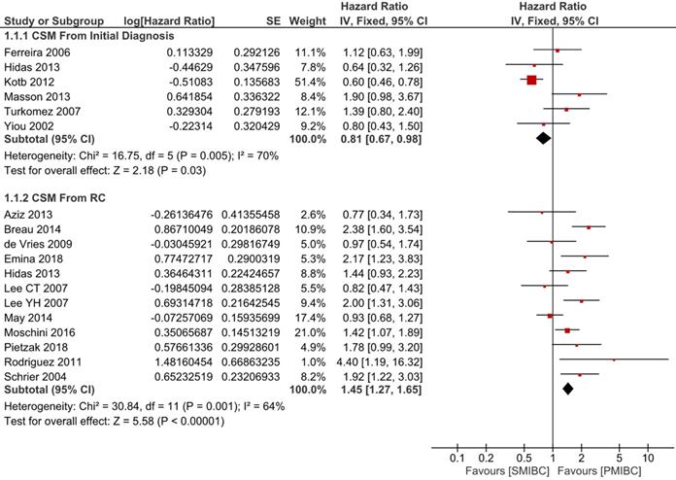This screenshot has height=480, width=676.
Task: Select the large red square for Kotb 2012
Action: coord(531,80)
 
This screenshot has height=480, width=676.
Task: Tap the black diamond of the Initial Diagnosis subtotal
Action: coord(543,138)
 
